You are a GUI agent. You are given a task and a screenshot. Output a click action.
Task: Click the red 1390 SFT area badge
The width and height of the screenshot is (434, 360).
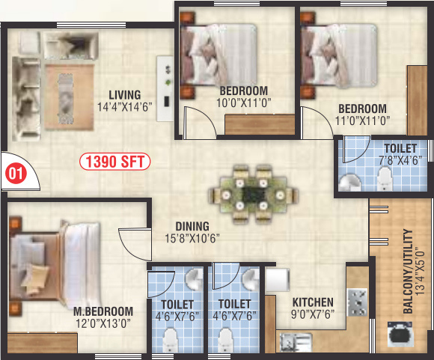point(116,160)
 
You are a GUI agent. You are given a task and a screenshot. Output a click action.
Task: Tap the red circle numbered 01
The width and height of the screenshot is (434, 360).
point(13,174)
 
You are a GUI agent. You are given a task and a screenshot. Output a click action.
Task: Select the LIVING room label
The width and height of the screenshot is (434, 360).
point(124,94)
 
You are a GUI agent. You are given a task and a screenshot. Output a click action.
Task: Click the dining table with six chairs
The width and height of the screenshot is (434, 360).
point(249,193)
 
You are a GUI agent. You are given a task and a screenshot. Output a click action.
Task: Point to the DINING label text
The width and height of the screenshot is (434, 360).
point(192,226)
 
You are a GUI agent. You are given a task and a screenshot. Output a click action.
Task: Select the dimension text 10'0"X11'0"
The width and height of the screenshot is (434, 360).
point(244,103)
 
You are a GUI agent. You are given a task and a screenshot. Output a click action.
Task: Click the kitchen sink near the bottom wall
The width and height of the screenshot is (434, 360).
point(294,344)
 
